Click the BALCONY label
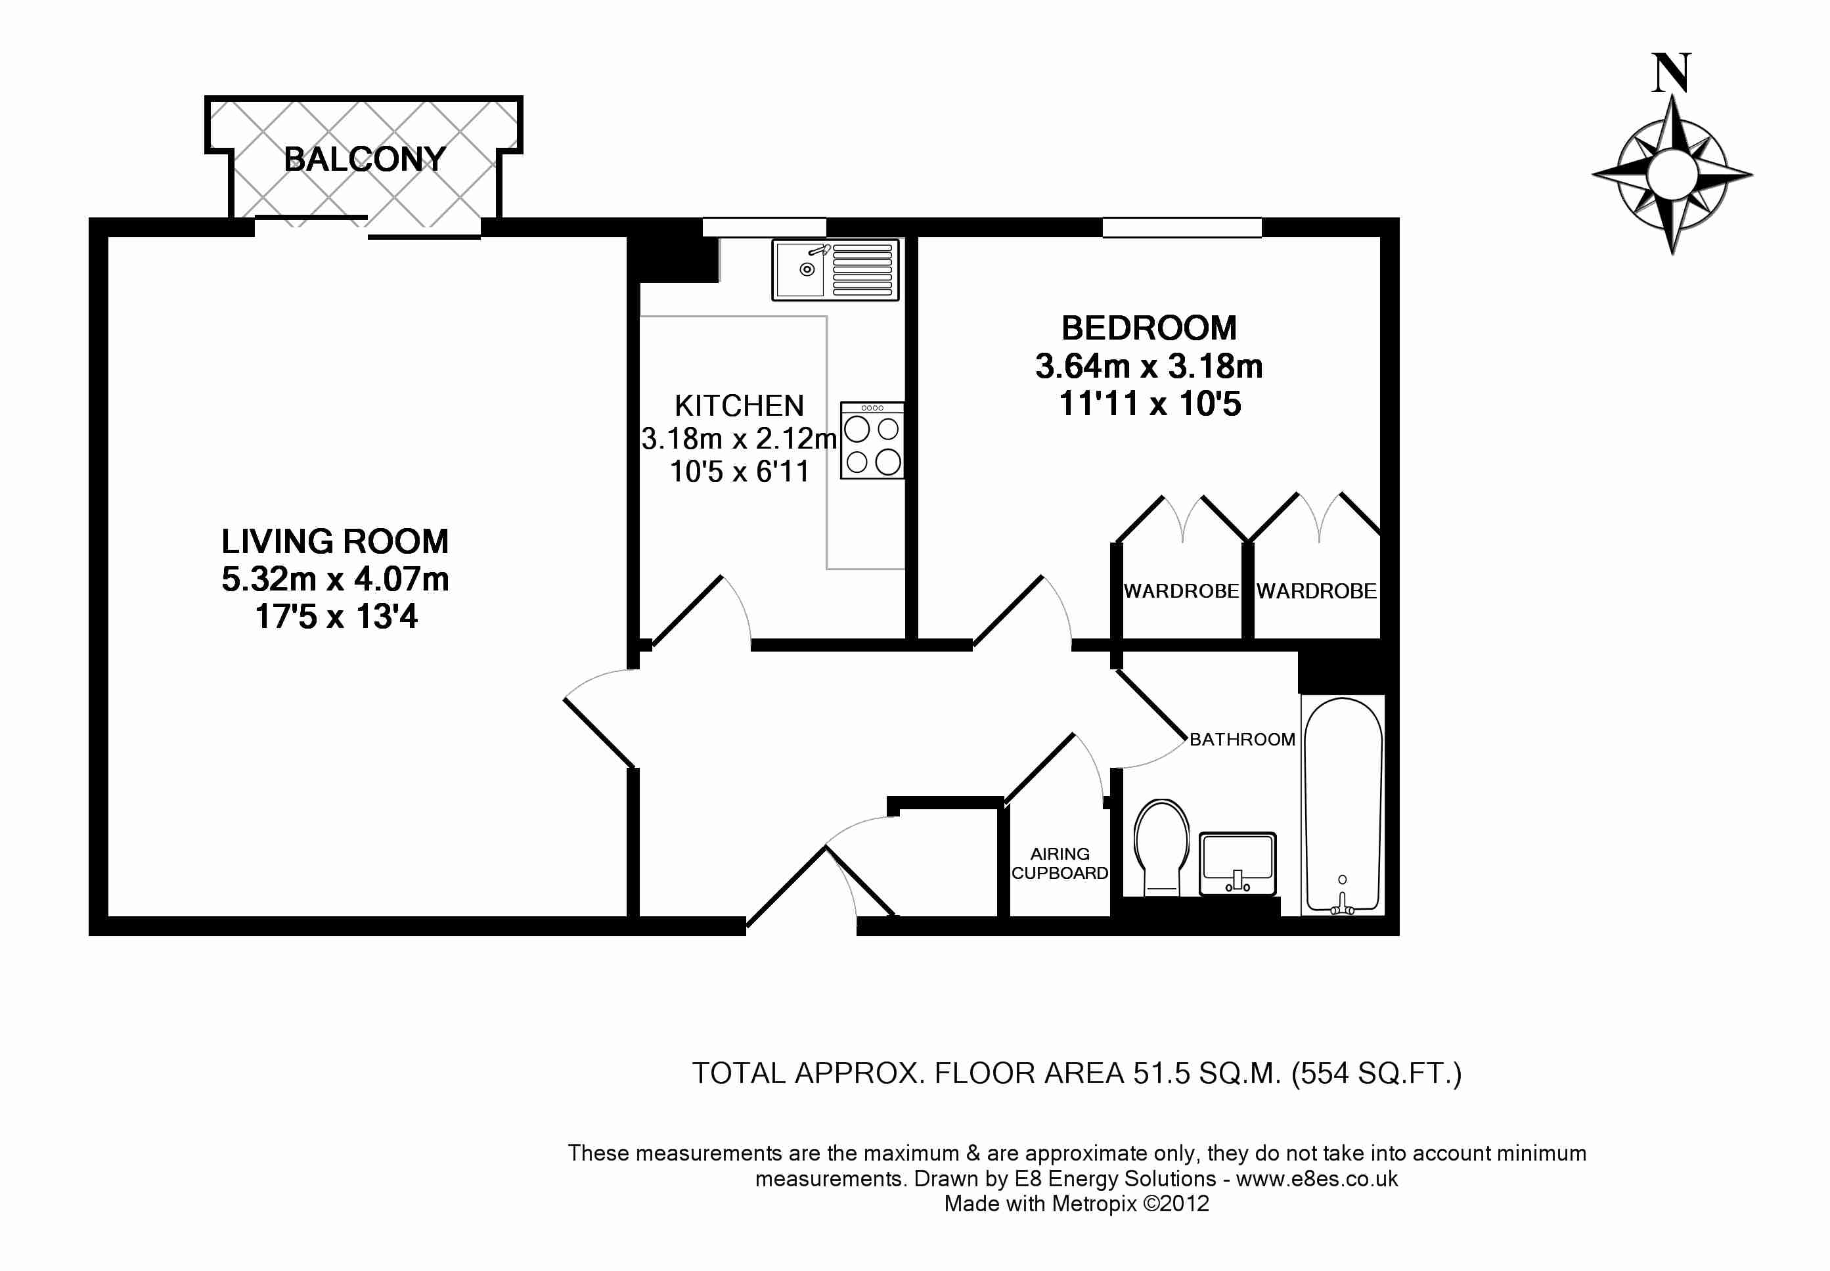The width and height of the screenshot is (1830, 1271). click(365, 159)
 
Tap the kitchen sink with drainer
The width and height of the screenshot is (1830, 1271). click(836, 270)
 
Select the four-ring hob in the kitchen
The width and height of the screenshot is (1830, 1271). click(872, 440)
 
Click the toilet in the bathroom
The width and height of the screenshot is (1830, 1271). click(1161, 847)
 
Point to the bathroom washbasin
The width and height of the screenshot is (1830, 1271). click(1238, 864)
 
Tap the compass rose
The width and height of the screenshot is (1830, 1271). click(1672, 175)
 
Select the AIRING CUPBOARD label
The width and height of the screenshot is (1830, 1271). click(1060, 863)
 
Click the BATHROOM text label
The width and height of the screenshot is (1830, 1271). click(1242, 739)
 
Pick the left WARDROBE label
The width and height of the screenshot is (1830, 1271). click(1181, 591)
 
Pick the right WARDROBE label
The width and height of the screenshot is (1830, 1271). click(1316, 591)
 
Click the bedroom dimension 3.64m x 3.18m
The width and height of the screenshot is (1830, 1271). click(1149, 367)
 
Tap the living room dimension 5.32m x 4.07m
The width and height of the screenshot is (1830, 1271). click(335, 579)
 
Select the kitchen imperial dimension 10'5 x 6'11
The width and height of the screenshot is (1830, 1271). click(740, 472)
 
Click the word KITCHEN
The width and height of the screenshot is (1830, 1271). click(739, 406)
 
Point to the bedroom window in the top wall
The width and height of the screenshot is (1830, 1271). click(1182, 228)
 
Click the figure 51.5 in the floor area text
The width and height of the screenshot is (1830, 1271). click(1162, 1073)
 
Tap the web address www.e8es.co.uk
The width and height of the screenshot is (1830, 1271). click(1317, 1178)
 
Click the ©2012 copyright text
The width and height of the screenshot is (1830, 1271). click(1176, 1203)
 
